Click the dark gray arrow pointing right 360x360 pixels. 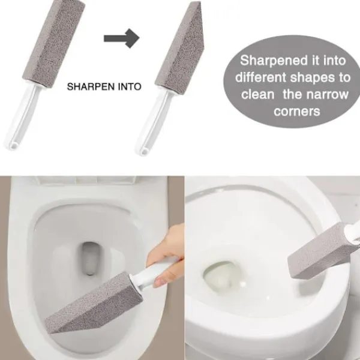[x=122, y=38]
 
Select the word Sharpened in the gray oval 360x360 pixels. [x=274, y=61]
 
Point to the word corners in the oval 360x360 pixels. [x=297, y=112]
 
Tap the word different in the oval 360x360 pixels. [x=261, y=77]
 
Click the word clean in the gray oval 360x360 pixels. [x=257, y=94]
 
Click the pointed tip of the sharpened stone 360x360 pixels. [x=199, y=2]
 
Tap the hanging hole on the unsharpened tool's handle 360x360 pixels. [x=14, y=145]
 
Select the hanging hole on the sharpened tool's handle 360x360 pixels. [x=145, y=151]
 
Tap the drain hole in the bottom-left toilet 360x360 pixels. [x=91, y=258]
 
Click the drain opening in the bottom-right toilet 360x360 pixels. [x=222, y=275]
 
